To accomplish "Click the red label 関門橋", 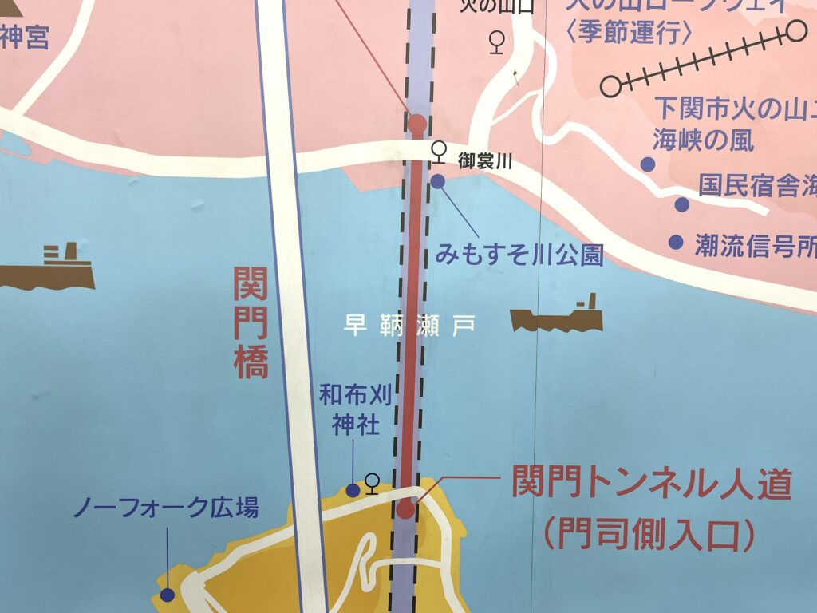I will coord(251,322).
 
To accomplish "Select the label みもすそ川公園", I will coord(519,255).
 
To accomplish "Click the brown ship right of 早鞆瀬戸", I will coord(557,317).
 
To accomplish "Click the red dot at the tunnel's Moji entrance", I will coord(406,509).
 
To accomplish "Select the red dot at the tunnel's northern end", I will coord(416,123).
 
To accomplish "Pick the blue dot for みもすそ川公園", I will coord(438,181).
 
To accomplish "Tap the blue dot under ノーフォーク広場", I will coord(167,594).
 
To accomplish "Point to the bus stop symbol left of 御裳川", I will coord(438,150).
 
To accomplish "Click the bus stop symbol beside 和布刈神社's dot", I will coord(371,482).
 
